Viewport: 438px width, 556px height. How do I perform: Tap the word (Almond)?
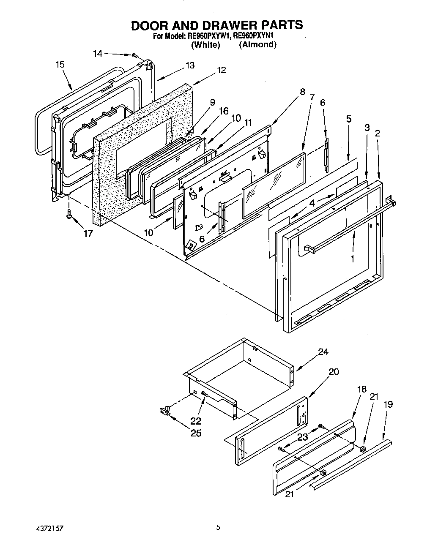tap(257, 45)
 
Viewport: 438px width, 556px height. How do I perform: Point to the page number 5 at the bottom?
tap(218, 527)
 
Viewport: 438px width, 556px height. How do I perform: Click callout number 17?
tap(88, 233)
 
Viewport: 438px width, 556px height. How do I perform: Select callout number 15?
tap(60, 65)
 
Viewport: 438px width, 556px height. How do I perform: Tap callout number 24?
tap(323, 352)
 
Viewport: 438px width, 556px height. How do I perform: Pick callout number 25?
tap(196, 433)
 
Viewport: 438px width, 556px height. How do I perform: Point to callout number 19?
tap(388, 404)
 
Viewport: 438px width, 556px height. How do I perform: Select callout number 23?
tap(302, 437)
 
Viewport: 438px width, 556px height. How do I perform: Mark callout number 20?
tap(334, 372)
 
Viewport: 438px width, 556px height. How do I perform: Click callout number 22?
tap(196, 421)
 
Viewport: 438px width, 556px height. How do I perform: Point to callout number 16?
tap(223, 111)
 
